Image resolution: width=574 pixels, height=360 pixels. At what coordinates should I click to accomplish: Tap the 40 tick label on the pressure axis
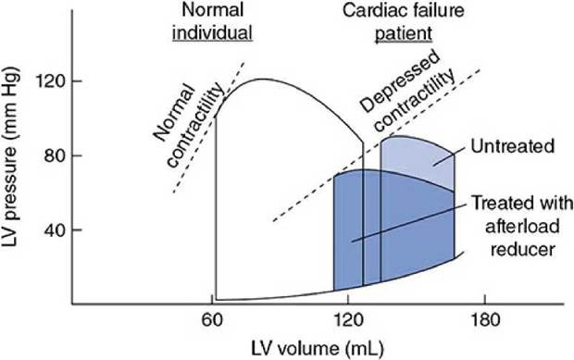coord(55,230)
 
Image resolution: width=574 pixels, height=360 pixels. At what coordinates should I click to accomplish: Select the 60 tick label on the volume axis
coord(212,320)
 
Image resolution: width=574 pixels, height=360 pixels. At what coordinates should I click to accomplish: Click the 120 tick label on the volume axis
coord(348,320)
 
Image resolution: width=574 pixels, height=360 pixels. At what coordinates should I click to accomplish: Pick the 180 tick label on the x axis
coord(485,320)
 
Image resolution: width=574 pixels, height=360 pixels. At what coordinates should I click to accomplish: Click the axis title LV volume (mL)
coord(318,348)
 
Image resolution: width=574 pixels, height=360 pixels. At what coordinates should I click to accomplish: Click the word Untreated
coord(513,146)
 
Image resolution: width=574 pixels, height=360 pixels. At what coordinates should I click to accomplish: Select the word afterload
coord(522,227)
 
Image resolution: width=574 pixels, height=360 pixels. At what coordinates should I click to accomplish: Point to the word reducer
coord(523,250)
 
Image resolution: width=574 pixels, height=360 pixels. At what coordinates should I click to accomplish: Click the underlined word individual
coord(213,32)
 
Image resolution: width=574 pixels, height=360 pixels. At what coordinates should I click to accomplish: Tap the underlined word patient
coord(404,33)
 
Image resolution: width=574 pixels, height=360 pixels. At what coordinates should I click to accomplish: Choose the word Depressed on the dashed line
coord(400,83)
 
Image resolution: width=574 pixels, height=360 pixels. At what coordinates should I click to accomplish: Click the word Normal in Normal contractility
coord(173,111)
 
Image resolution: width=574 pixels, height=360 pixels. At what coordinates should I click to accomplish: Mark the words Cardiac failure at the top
coord(404,10)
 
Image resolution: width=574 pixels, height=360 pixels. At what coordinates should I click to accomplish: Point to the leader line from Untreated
coord(449,156)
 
